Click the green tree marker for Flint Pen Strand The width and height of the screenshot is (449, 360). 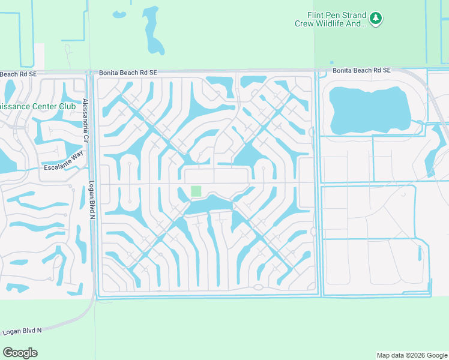[x=376, y=19]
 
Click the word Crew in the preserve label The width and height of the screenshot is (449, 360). [x=304, y=24]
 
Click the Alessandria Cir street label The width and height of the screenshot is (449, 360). [x=86, y=120]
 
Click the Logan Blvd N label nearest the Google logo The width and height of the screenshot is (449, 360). [x=23, y=331]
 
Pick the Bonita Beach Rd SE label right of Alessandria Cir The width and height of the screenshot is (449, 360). [x=128, y=72]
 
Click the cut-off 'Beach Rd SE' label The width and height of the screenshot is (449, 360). [x=18, y=74]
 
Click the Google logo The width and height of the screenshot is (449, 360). [x=20, y=353]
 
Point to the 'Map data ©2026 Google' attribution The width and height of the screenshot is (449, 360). [x=412, y=355]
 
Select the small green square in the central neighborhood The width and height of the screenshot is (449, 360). [x=196, y=191]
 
